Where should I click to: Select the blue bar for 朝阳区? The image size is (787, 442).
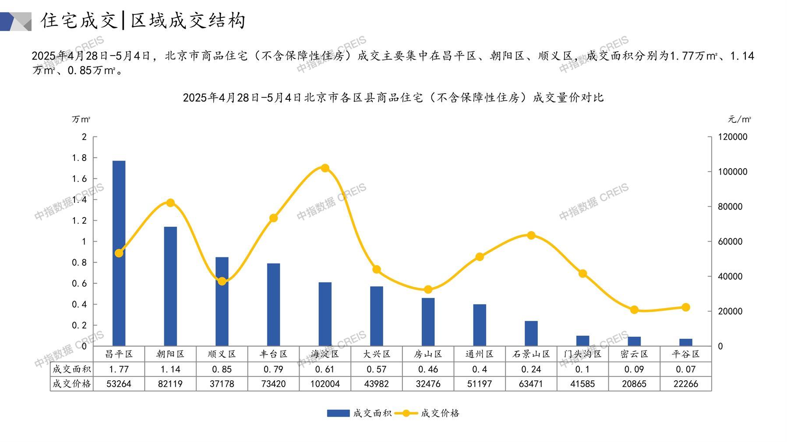tap(170, 286)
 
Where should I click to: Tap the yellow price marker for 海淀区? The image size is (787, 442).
tap(325, 168)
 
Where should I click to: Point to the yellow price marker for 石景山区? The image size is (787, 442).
tap(531, 235)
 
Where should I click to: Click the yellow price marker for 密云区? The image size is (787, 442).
tap(634, 310)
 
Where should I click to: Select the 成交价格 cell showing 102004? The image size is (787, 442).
tap(325, 384)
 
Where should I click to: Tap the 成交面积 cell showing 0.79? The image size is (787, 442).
tap(273, 369)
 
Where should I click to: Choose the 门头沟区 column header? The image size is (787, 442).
tap(582, 354)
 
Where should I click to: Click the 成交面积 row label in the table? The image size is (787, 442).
tap(71, 369)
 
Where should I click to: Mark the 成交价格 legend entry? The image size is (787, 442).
tap(440, 413)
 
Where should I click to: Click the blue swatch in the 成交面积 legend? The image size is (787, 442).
tap(338, 413)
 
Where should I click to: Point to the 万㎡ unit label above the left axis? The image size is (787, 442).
tap(81, 119)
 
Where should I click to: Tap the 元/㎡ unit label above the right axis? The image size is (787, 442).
tap(739, 119)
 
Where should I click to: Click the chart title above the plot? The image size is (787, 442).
tap(393, 97)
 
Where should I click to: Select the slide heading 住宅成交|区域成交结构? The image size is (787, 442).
tap(143, 21)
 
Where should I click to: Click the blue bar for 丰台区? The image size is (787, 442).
tap(273, 305)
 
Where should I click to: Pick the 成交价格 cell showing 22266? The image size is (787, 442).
tap(685, 384)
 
